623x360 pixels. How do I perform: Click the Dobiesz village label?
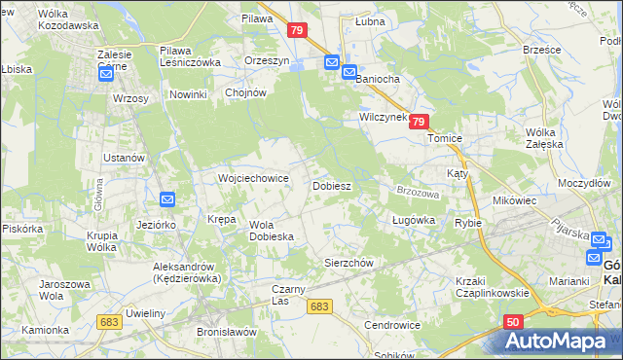click(x=331, y=185)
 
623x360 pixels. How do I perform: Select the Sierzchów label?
click(x=348, y=263)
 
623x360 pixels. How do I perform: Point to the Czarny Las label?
click(x=295, y=294)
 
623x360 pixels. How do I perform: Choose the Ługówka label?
click(x=413, y=221)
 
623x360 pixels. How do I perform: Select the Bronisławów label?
click(x=225, y=332)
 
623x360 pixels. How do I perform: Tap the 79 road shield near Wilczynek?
click(x=418, y=122)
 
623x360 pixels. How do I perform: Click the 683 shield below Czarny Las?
click(x=319, y=306)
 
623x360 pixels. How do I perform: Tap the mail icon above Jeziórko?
click(x=166, y=199)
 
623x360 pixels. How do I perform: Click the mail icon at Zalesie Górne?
click(x=110, y=73)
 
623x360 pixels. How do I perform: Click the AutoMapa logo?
click(x=558, y=342)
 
